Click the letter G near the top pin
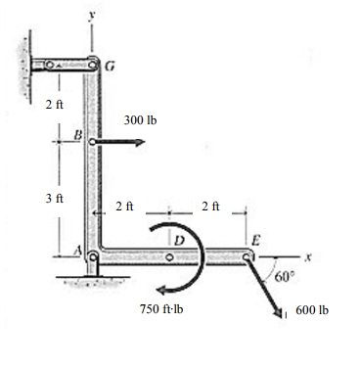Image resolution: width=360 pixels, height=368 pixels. click(x=110, y=67)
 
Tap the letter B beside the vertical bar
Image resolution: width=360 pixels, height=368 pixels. click(x=79, y=132)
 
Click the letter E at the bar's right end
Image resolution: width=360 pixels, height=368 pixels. click(x=256, y=240)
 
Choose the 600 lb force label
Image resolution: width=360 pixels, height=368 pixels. click(x=311, y=309)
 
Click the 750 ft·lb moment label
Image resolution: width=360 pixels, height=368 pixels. click(x=163, y=309)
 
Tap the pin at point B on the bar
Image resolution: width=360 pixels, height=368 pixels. click(x=93, y=141)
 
